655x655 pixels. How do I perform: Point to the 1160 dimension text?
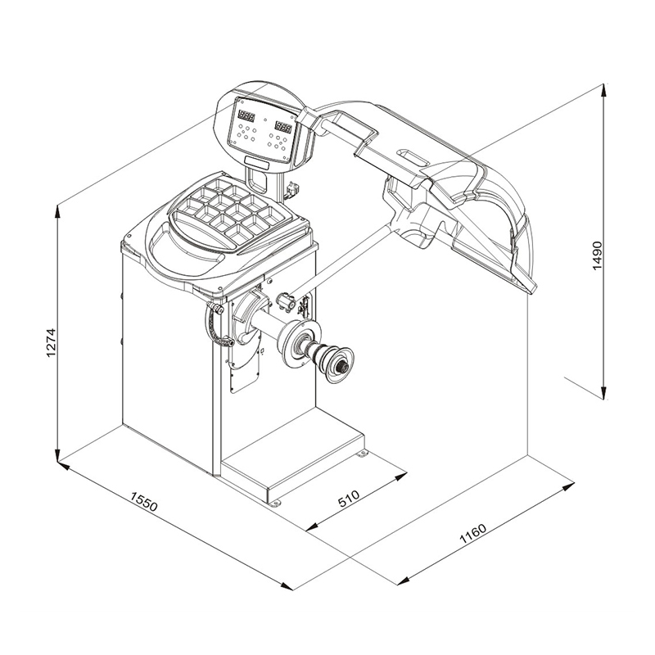click(x=474, y=538)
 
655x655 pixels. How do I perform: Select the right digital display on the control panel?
click(x=283, y=127)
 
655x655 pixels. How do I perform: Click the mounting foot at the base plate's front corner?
click(x=276, y=501)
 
